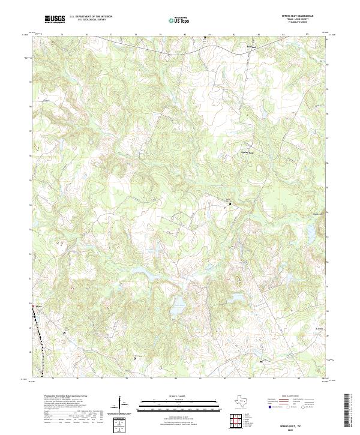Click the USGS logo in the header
55,19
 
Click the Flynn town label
39,305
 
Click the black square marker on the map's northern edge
205,38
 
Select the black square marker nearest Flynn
64,332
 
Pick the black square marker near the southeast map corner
261,361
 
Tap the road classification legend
291,403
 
